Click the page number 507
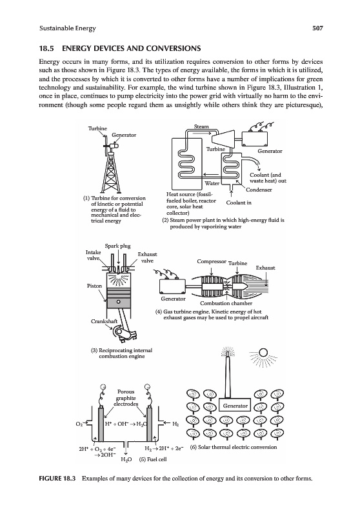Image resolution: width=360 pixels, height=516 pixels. point(318,28)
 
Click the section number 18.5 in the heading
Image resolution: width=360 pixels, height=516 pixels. point(46,49)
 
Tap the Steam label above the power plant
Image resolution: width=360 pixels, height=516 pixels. point(201,126)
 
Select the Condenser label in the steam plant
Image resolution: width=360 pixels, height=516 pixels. point(259,190)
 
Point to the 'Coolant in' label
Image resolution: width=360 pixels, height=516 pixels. point(239,203)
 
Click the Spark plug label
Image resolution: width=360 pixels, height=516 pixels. point(117,246)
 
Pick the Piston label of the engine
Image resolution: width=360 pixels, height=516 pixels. point(94,286)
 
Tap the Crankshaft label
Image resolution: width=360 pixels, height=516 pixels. point(105,321)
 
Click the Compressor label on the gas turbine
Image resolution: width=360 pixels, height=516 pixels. point(212,261)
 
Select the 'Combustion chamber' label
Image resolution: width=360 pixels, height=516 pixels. point(226,303)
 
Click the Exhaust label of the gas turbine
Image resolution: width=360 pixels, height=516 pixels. point(265,268)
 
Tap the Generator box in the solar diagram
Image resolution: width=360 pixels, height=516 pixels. point(235,406)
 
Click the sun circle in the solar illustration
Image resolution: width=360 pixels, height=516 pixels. point(263,352)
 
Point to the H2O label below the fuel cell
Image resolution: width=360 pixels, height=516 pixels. point(126,459)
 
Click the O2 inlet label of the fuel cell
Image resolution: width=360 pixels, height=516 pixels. point(79,424)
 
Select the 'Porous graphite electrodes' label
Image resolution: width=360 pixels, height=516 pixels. point(126,397)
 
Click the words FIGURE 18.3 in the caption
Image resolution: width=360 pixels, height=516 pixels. point(57,478)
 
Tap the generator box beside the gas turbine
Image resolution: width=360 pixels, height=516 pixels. point(173,286)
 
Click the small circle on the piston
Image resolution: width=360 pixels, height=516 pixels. point(118,301)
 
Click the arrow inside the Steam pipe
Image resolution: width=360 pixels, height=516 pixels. point(201,134)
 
